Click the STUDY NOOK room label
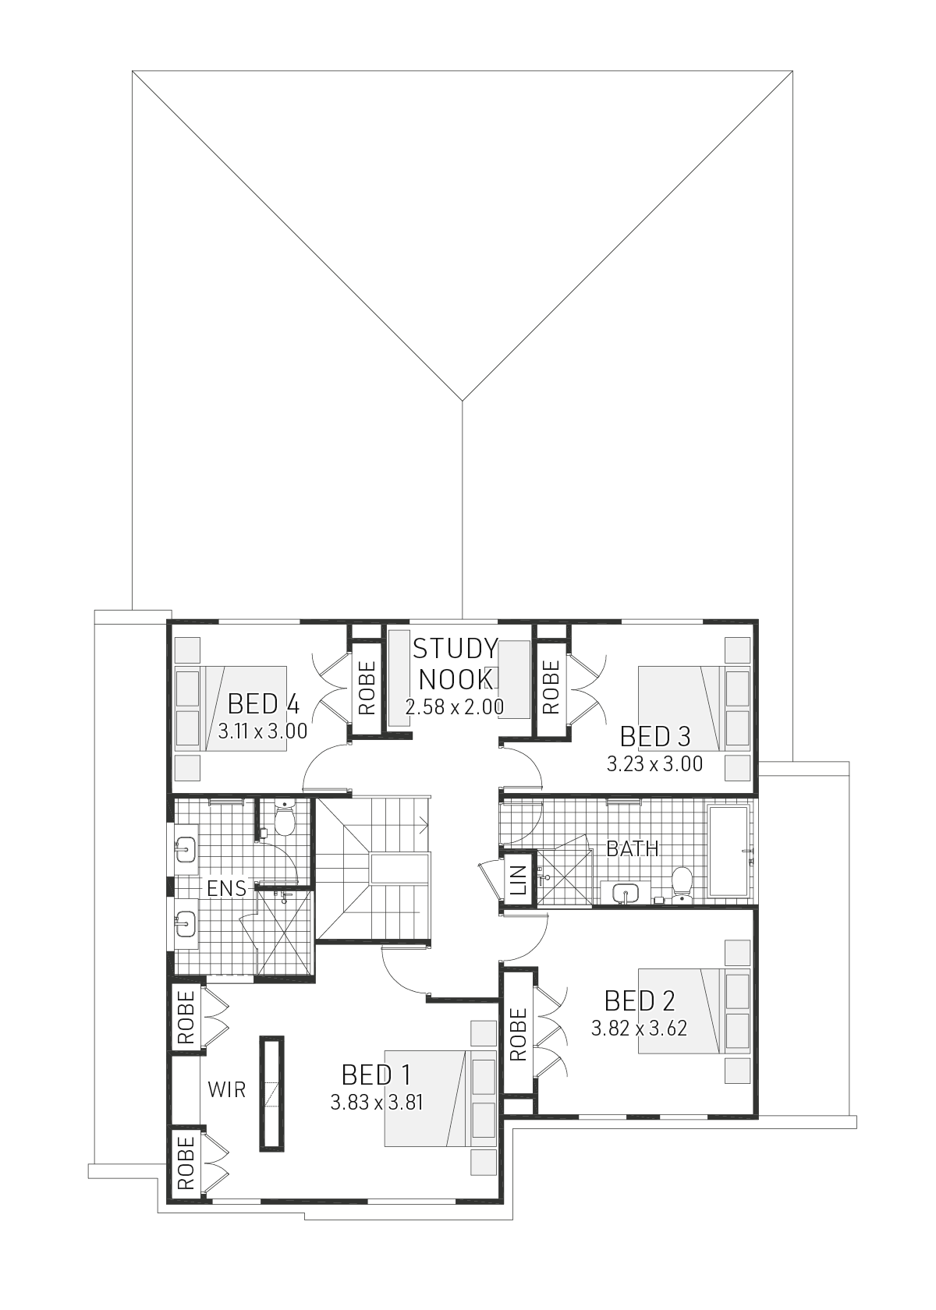pyautogui.click(x=456, y=664)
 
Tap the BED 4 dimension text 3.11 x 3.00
pyautogui.click(x=263, y=731)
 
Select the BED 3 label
pyautogui.click(x=655, y=737)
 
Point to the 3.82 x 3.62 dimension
pyautogui.click(x=639, y=1029)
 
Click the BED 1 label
pyautogui.click(x=376, y=1075)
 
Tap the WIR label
pyautogui.click(x=227, y=1089)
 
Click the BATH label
pyautogui.click(x=633, y=848)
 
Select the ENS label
pyautogui.click(x=226, y=889)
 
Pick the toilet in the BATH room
pyautogui.click(x=682, y=883)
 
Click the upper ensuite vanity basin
pyautogui.click(x=186, y=850)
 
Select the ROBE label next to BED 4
pyautogui.click(x=367, y=688)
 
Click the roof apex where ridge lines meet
pyautogui.click(x=463, y=401)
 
